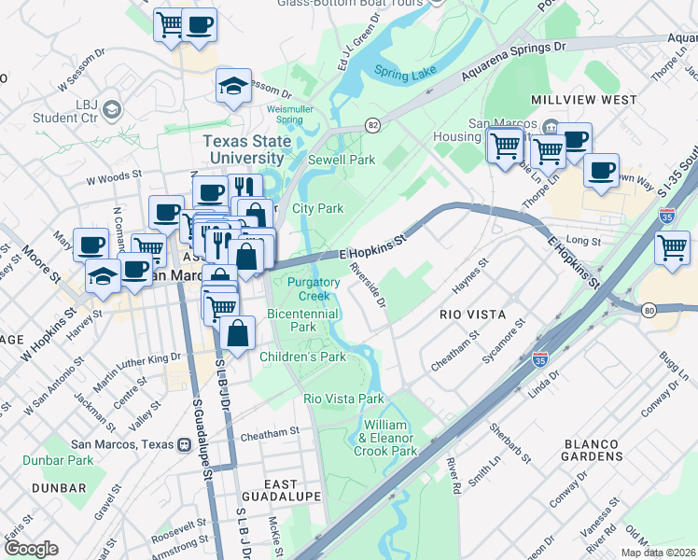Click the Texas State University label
[247, 149]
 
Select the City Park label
[318, 208]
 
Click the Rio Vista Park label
[343, 399]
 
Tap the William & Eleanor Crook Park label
[385, 438]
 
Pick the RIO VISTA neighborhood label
[471, 315]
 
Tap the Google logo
[30, 549]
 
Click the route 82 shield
[373, 124]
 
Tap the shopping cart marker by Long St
[673, 247]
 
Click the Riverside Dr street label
[368, 285]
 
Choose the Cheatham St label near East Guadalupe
[269, 432]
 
